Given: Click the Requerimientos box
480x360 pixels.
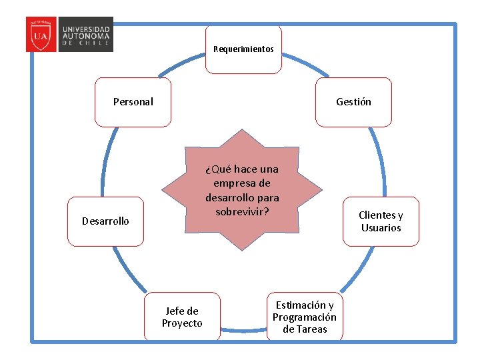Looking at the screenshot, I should (243, 49).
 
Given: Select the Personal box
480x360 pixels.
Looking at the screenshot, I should (133, 102).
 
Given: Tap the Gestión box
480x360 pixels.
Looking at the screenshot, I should (353, 102).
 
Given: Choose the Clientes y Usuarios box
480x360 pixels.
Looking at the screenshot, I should (381, 221).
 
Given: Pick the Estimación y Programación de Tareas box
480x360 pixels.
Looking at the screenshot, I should (305, 317).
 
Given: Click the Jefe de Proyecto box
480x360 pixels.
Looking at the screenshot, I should (182, 317).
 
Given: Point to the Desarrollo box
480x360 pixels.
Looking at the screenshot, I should (105, 221).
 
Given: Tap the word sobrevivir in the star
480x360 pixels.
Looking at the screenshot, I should (242, 211).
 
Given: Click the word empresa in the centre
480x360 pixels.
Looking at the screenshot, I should (242, 183).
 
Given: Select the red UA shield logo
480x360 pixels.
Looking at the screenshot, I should (41, 35).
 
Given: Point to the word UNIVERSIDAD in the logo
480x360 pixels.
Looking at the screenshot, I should (87, 29).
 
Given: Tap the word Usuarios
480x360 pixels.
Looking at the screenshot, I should (381, 228).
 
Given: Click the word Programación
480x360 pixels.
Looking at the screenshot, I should (305, 317).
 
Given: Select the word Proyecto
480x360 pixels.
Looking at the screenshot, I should (182, 323).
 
